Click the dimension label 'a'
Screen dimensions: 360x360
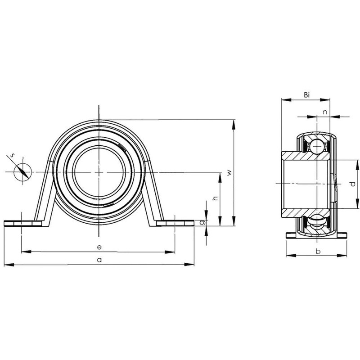tap(100, 260)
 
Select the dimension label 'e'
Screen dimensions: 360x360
tap(99, 247)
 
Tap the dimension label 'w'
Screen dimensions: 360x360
tap(229, 172)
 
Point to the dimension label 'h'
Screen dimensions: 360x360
tap(215, 198)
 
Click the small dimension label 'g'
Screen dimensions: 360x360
tap(202, 222)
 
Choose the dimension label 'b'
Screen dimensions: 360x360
tap(318, 251)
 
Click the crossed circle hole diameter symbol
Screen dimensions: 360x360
tap(22, 171)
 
